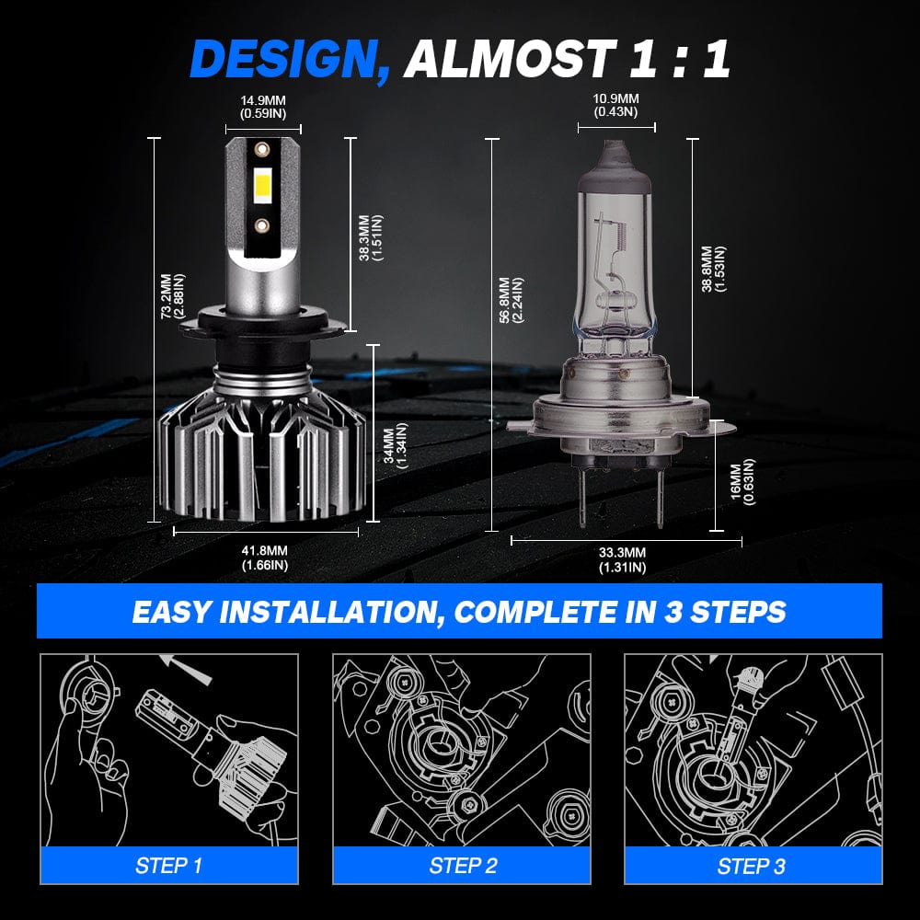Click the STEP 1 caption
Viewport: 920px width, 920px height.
point(168,865)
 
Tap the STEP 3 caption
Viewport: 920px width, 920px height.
point(752,865)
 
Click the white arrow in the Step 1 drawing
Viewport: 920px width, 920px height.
point(187,669)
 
